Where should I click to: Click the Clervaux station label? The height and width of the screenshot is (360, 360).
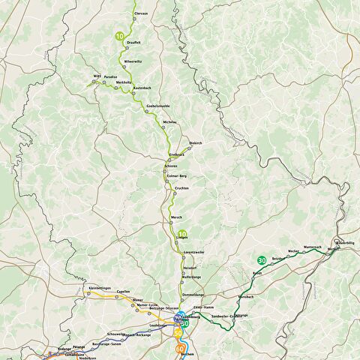pyautogui.click(x=140, y=14)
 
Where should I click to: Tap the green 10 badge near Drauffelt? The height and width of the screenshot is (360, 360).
pyautogui.click(x=120, y=35)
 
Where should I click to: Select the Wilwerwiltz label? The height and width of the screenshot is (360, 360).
pyautogui.click(x=132, y=60)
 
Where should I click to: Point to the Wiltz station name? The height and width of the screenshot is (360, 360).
pyautogui.click(x=96, y=76)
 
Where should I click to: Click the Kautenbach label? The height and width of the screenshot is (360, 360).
pyautogui.click(x=142, y=88)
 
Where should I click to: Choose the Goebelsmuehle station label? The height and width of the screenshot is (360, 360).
pyautogui.click(x=157, y=105)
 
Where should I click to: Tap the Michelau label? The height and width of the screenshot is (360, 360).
pyautogui.click(x=169, y=121)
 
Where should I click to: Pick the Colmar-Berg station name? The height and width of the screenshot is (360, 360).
pyautogui.click(x=176, y=175)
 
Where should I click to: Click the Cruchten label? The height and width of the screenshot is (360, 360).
pyautogui.click(x=181, y=188)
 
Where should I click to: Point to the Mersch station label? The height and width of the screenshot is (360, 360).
pyautogui.click(x=177, y=217)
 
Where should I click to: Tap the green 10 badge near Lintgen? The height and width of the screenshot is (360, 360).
pyautogui.click(x=182, y=234)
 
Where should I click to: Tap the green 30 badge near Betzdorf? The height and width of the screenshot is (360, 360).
pyautogui.click(x=261, y=260)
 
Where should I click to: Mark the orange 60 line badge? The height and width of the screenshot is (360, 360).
pyautogui.click(x=180, y=349)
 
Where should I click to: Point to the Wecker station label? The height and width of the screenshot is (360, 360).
pyautogui.click(x=293, y=250)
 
